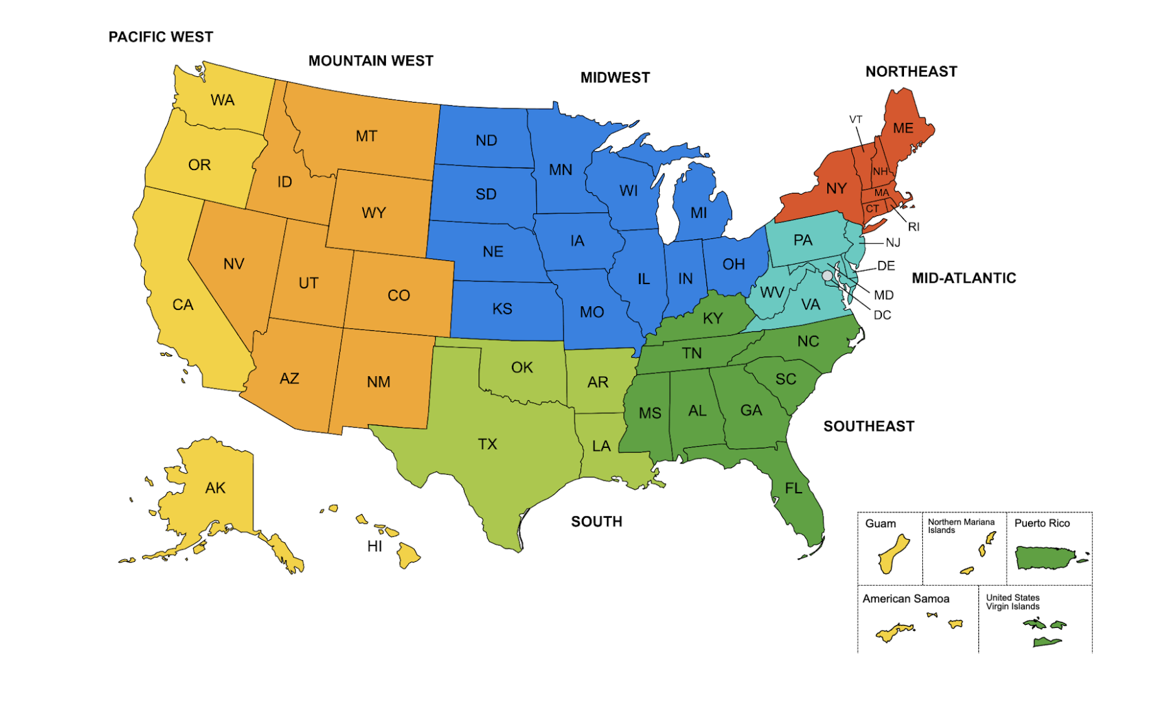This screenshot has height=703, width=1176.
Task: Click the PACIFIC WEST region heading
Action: [161, 37]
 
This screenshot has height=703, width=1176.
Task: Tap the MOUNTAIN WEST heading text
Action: [371, 61]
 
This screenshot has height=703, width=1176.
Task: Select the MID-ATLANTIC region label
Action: [964, 278]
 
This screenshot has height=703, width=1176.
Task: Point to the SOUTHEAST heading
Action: [869, 426]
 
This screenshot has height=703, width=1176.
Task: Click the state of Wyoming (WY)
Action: [374, 213]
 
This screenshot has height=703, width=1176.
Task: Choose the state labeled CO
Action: [399, 295]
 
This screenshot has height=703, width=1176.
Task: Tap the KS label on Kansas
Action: [502, 309]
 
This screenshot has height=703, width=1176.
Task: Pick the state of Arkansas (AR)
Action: [597, 382]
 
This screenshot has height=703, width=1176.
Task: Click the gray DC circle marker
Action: [827, 276]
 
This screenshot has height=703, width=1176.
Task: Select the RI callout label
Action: [913, 227]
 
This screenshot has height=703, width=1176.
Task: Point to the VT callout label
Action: [856, 120]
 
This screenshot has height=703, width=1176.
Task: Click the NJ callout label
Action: [893, 243]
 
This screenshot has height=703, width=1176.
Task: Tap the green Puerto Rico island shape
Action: [1045, 557]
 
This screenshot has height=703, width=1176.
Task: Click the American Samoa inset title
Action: [906, 598]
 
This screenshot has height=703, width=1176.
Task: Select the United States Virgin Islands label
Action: [1012, 602]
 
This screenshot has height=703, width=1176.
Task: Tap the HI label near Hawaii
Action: [375, 546]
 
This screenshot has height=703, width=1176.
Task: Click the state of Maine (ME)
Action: [903, 129]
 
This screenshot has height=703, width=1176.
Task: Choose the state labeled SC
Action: [786, 379]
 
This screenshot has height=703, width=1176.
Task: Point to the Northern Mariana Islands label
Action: [961, 526]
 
